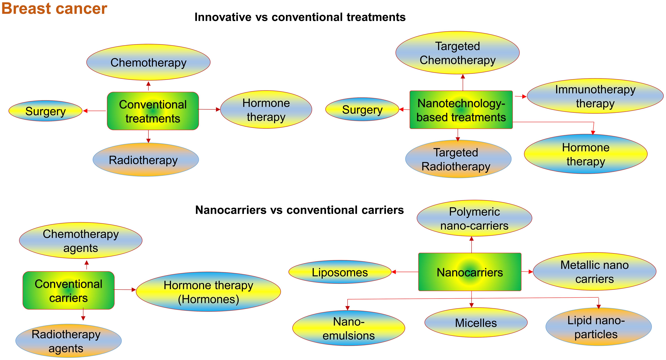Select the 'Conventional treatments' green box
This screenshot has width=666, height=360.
point(153,111)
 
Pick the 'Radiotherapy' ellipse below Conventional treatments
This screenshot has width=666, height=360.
point(145,160)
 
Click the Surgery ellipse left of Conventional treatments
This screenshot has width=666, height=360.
point(46,111)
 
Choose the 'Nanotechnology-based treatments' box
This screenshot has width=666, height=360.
point(461,110)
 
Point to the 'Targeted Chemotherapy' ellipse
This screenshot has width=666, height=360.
point(457,53)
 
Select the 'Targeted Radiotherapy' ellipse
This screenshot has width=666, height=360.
point(458,159)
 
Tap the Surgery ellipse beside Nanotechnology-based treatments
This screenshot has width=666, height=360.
point(362,109)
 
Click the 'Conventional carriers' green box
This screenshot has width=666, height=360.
point(69,291)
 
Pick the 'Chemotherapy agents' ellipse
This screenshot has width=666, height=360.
point(81,241)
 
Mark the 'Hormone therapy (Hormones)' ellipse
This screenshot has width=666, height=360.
point(208,292)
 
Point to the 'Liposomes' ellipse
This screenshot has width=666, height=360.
point(340,272)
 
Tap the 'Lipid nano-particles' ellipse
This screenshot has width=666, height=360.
point(598,327)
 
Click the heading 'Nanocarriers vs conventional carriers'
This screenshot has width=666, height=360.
point(299,210)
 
